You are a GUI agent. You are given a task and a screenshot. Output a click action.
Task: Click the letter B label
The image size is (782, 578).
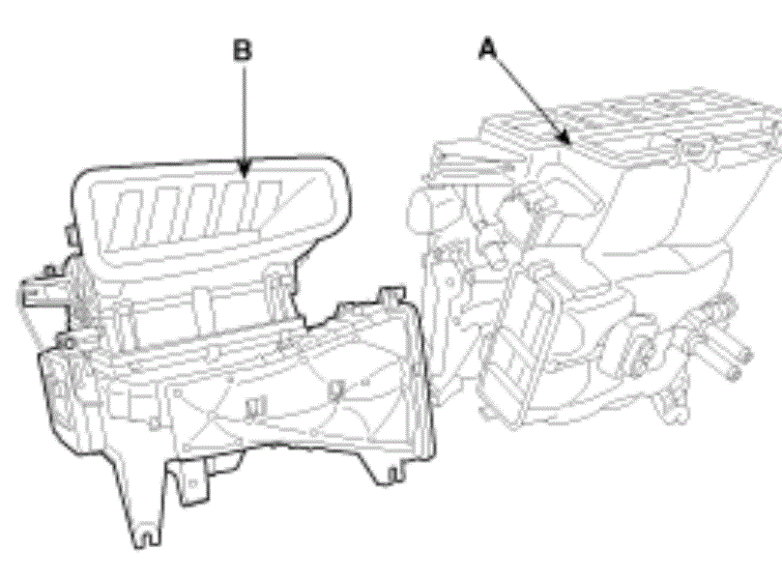coord(243,50)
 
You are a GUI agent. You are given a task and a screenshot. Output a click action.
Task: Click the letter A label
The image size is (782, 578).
coord(487,49)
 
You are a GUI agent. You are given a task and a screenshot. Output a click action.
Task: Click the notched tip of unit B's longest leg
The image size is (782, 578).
coord(147,538)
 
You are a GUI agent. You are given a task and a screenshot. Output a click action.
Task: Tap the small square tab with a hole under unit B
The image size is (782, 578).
coord(192,481)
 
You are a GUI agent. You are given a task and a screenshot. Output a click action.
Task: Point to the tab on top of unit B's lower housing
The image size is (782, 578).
coord(391,294)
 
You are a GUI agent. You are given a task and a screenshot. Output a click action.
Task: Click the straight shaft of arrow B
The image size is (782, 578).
coord(244,114)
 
